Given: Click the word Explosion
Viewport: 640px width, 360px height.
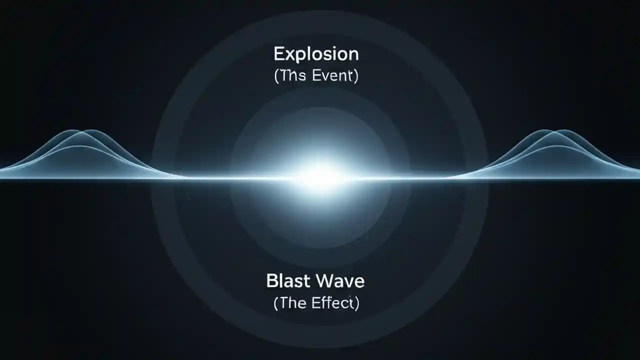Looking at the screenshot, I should (x=316, y=54).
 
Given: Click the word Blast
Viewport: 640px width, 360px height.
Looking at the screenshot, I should (x=286, y=281).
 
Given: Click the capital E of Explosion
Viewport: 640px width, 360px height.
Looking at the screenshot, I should (x=278, y=54).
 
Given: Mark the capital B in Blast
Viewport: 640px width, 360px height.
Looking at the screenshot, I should (x=272, y=281).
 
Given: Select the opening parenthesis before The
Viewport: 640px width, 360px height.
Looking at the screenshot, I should (x=276, y=304).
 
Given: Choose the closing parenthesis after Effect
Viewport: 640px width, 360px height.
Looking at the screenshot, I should (x=356, y=304).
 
